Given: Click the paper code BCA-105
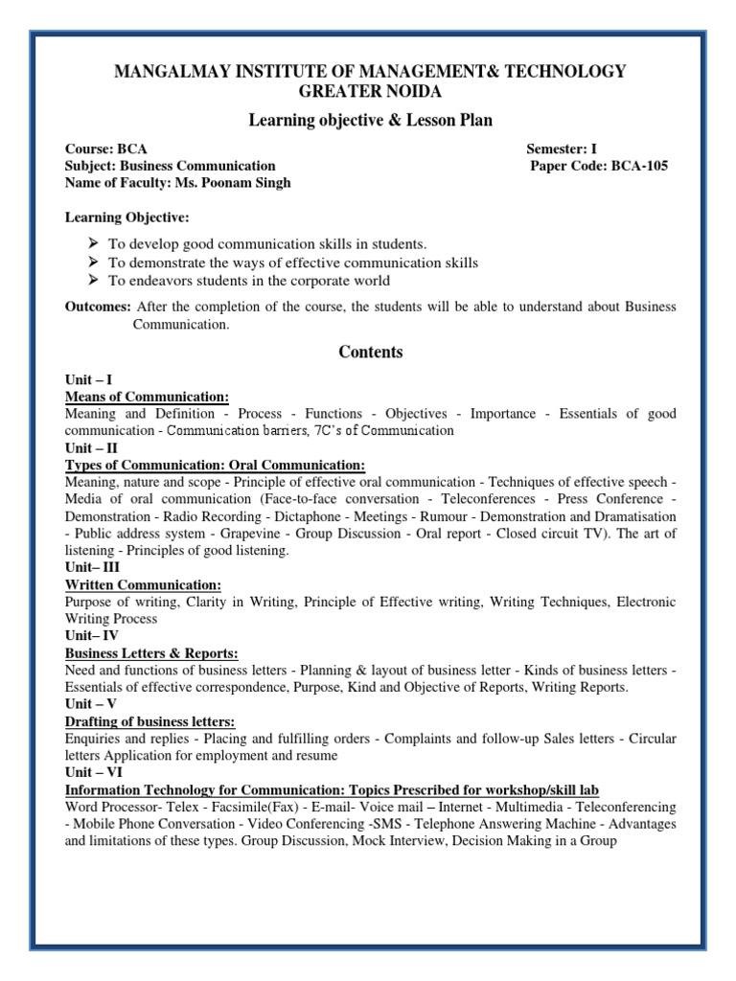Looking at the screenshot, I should [x=639, y=166].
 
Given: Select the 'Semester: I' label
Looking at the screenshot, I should [x=562, y=149].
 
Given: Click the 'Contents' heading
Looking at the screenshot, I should [x=371, y=352].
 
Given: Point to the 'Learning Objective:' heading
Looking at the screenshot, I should [x=126, y=217].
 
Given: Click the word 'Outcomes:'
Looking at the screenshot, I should [x=98, y=307].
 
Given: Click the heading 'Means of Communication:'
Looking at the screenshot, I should [x=147, y=397].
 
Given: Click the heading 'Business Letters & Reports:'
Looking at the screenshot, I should [x=151, y=653].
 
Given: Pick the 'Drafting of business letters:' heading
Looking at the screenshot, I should [x=149, y=721].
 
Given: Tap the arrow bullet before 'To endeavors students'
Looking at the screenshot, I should [x=93, y=280].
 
